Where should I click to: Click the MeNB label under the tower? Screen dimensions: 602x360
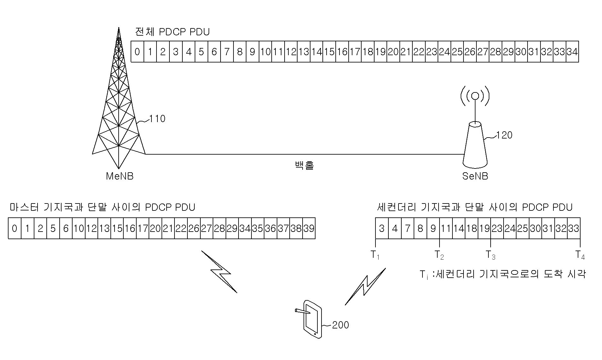click(x=120, y=176)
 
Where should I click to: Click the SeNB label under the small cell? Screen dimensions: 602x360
click(x=475, y=176)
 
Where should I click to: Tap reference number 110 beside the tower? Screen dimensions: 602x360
click(x=157, y=119)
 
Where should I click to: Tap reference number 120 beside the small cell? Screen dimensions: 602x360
click(x=504, y=135)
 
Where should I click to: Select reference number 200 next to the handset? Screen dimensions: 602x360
click(x=341, y=325)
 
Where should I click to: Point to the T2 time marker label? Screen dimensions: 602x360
click(x=439, y=255)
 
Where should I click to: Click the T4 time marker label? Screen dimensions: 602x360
click(x=580, y=255)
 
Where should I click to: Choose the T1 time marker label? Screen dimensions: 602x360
click(x=375, y=255)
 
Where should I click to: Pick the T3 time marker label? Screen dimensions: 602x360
click(x=490, y=255)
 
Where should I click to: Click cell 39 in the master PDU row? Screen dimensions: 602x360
click(x=309, y=228)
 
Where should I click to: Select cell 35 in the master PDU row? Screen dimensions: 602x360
click(x=258, y=228)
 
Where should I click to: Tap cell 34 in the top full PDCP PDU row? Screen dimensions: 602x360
click(x=572, y=51)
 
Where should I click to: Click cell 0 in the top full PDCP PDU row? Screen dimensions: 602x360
click(x=137, y=51)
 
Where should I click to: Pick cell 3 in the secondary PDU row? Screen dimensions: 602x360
click(x=382, y=228)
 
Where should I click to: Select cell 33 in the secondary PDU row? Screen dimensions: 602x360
click(x=574, y=228)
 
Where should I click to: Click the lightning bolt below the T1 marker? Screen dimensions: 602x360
click(x=365, y=286)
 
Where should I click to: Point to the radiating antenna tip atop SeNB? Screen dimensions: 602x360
click(x=475, y=97)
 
